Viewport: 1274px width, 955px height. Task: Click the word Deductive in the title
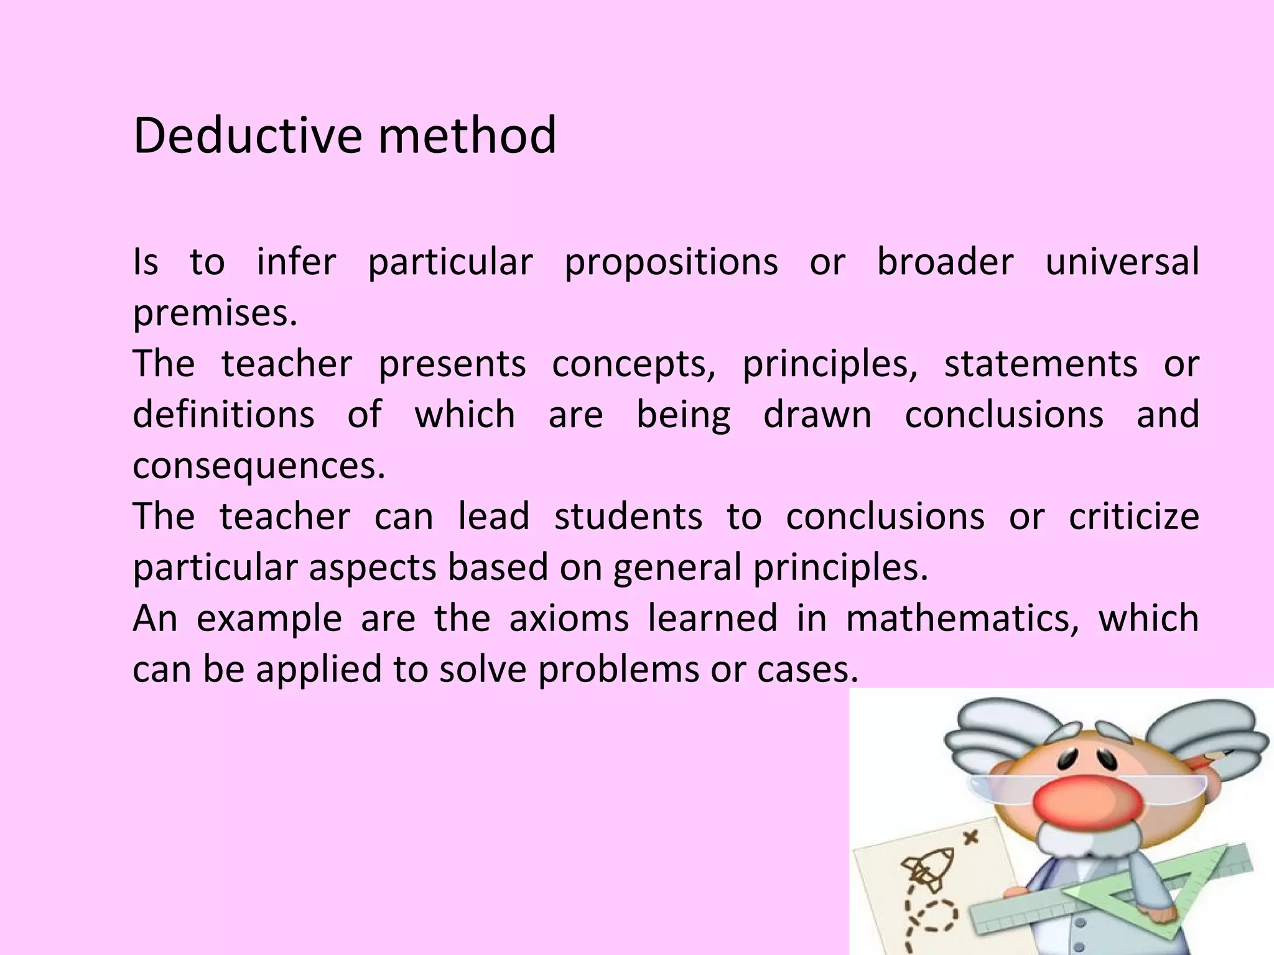pyautogui.click(x=247, y=136)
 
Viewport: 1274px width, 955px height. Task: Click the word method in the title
pyautogui.click(x=467, y=136)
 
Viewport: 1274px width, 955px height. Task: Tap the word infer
pyautogui.click(x=296, y=262)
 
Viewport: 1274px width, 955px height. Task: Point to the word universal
pyautogui.click(x=1122, y=262)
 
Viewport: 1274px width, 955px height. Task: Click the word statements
pyautogui.click(x=1041, y=364)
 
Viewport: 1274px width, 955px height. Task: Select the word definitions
pyautogui.click(x=223, y=415)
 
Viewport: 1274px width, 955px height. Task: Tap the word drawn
pyautogui.click(x=817, y=415)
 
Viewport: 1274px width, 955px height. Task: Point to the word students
pyautogui.click(x=628, y=517)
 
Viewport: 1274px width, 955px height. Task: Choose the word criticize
pyautogui.click(x=1133, y=517)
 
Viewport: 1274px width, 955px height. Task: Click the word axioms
pyautogui.click(x=569, y=619)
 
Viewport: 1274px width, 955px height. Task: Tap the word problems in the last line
pyautogui.click(x=618, y=670)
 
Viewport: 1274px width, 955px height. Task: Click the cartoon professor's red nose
pyautogui.click(x=1087, y=803)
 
